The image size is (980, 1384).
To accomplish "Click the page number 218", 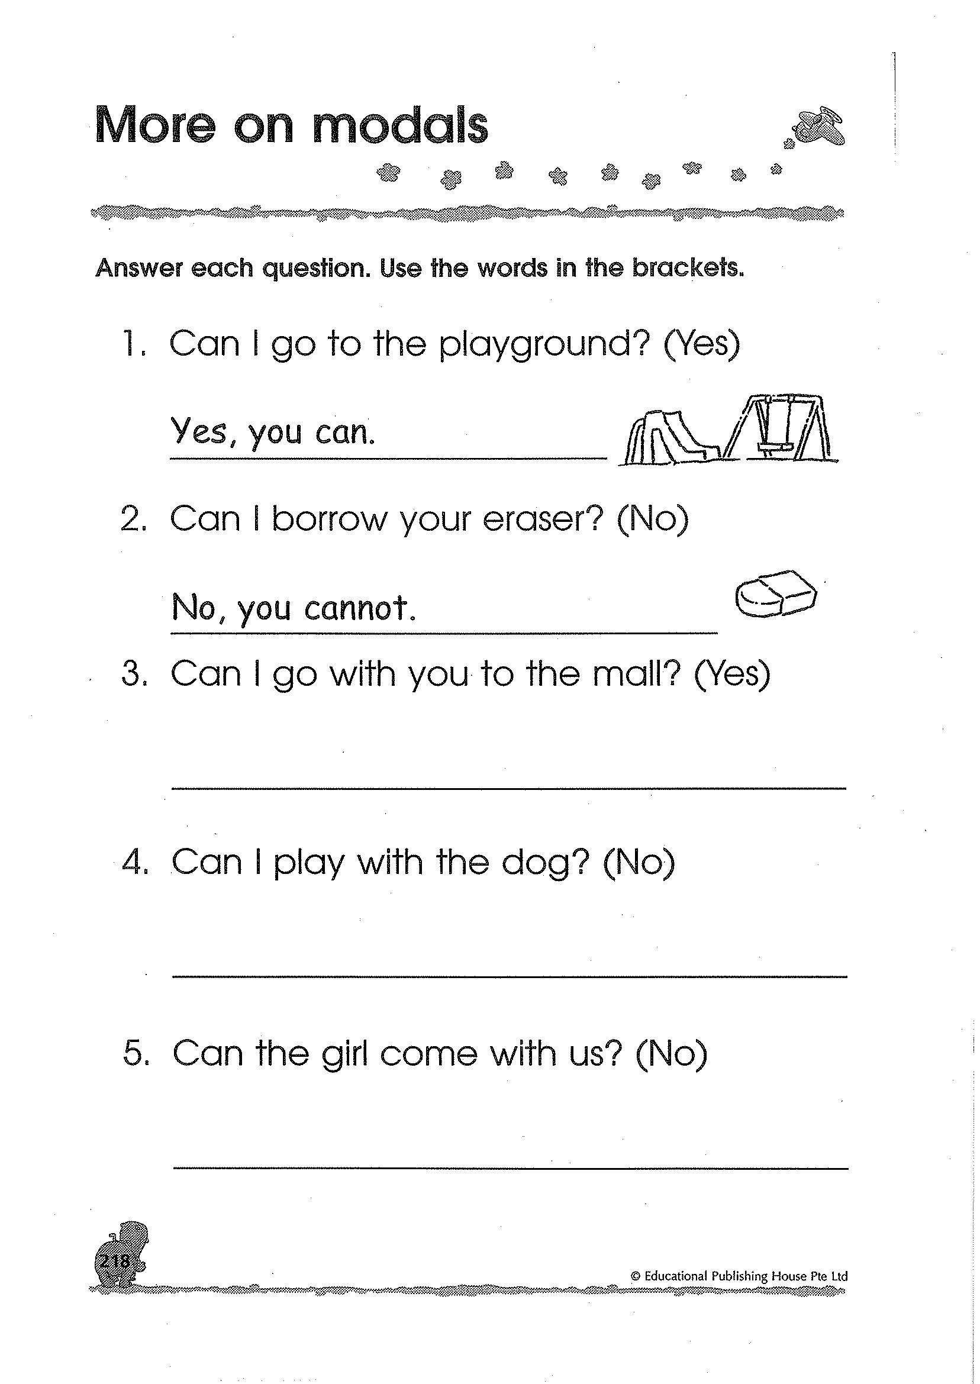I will coord(113,1278).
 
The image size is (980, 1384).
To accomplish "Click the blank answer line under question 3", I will coord(510,788).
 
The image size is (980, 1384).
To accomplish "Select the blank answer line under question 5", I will coord(511,1168).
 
